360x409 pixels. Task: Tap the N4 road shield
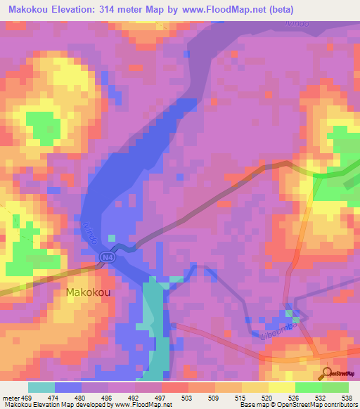pos(105,257)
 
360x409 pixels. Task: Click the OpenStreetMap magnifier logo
pos(328,374)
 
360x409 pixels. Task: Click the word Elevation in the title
pos(79,10)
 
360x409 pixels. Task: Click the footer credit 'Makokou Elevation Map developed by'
pos(51,405)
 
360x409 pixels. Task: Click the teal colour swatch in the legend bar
pos(41,387)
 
